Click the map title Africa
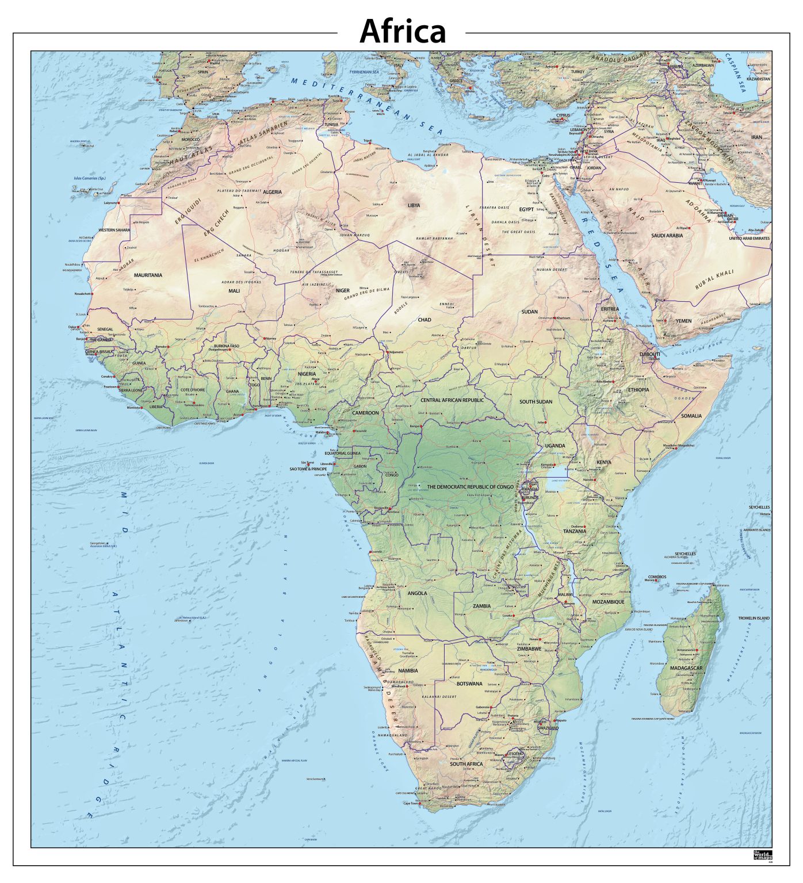402,32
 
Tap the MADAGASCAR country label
686,668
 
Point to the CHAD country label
425,320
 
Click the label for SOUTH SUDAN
536,402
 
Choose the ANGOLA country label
417,593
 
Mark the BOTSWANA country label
469,684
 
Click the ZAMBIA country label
481,606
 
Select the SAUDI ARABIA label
667,235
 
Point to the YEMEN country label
683,321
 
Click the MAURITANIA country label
148,275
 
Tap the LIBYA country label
414,205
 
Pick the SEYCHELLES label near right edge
759,508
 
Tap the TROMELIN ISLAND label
754,618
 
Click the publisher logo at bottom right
762,855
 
